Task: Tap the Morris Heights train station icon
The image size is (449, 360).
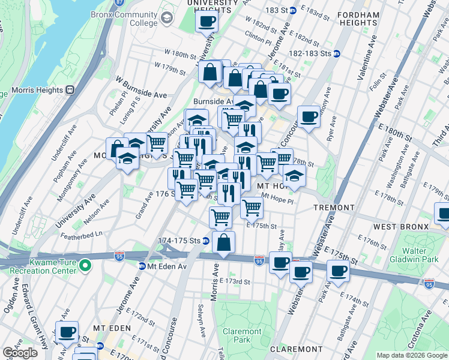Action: point(70,89)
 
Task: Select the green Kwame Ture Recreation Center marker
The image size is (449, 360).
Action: point(86,265)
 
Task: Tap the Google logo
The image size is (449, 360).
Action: point(20,353)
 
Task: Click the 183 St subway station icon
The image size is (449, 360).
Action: point(292,11)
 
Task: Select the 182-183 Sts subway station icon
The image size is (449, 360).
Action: point(337,53)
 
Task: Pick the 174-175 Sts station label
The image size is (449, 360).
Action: point(178,241)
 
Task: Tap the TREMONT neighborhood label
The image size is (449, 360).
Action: point(334,208)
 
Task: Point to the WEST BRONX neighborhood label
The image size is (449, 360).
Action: point(401,227)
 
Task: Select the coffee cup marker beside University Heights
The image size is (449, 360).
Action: point(206,22)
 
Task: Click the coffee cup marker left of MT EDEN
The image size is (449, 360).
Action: point(67,331)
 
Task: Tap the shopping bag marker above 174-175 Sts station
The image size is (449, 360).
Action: point(223,243)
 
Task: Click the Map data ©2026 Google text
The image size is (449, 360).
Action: point(412,355)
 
